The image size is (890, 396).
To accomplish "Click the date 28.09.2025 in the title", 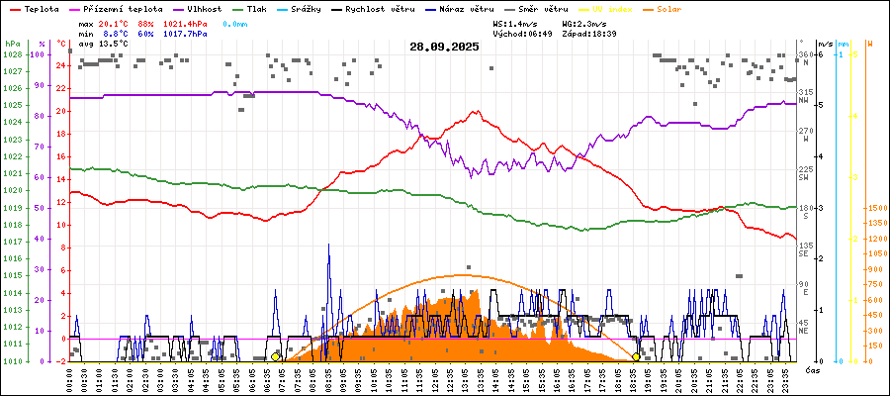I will coord(444,47).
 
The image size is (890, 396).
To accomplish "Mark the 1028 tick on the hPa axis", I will coord(13,54).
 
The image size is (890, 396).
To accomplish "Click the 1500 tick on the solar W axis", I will coord(875,208).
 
